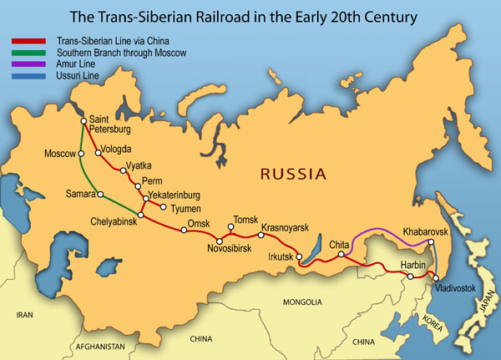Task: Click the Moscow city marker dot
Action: (82, 154)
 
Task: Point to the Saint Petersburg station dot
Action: (83, 122)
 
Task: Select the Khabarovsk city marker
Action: (433, 243)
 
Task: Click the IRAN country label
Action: (24, 316)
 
